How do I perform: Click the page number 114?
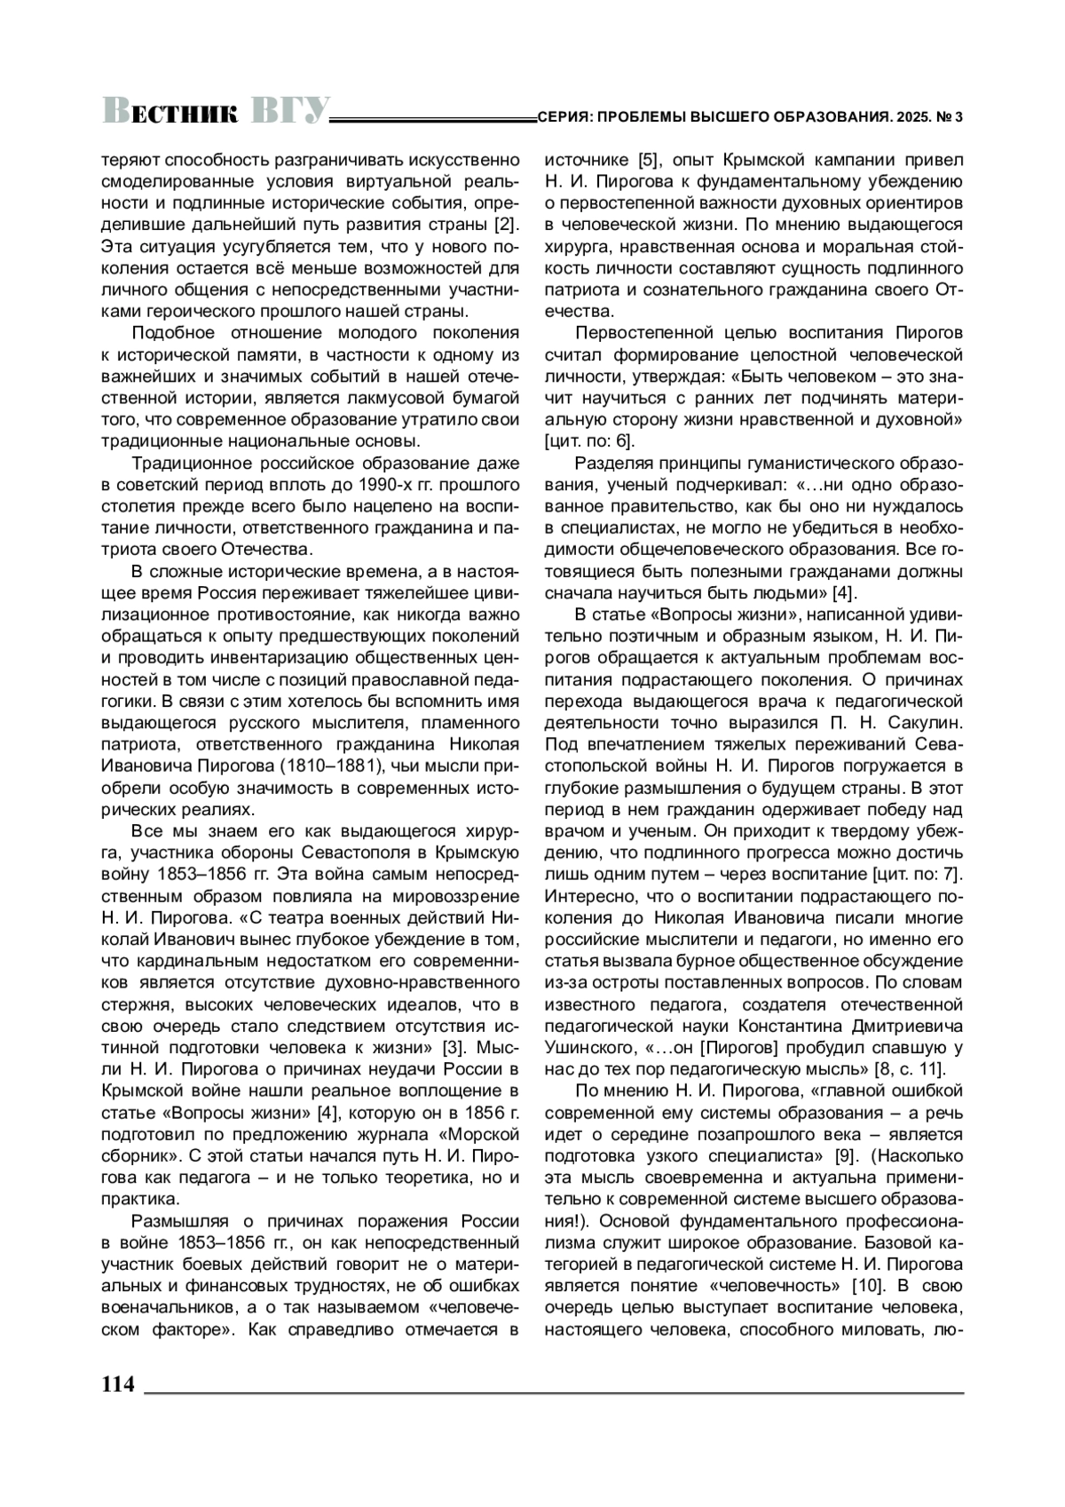tap(118, 1384)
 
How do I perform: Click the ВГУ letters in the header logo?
tap(290, 109)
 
